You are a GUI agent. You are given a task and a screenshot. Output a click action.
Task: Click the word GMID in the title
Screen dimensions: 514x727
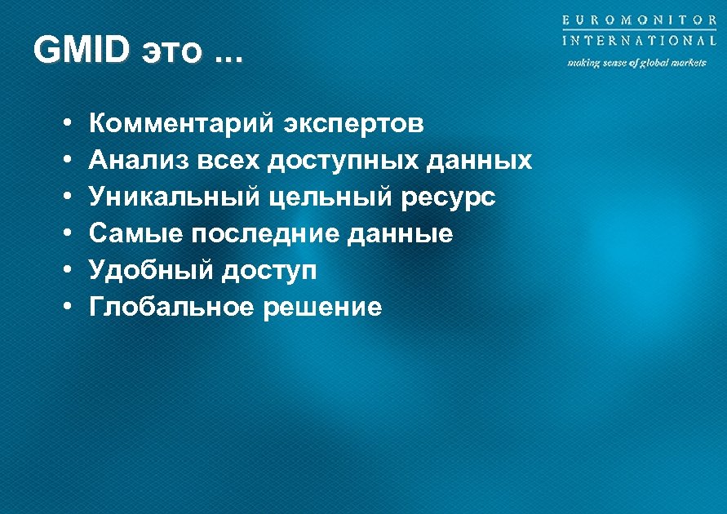coord(82,51)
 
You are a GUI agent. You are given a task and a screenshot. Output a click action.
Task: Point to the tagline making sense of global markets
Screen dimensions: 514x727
coord(637,63)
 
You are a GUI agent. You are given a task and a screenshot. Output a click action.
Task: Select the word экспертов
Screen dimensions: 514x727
coord(354,126)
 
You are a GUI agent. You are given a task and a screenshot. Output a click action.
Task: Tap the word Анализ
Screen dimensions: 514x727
coord(138,161)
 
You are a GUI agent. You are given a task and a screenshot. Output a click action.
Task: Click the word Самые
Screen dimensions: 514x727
coord(136,234)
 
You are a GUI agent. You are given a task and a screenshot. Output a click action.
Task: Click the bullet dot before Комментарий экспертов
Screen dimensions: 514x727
coord(63,125)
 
